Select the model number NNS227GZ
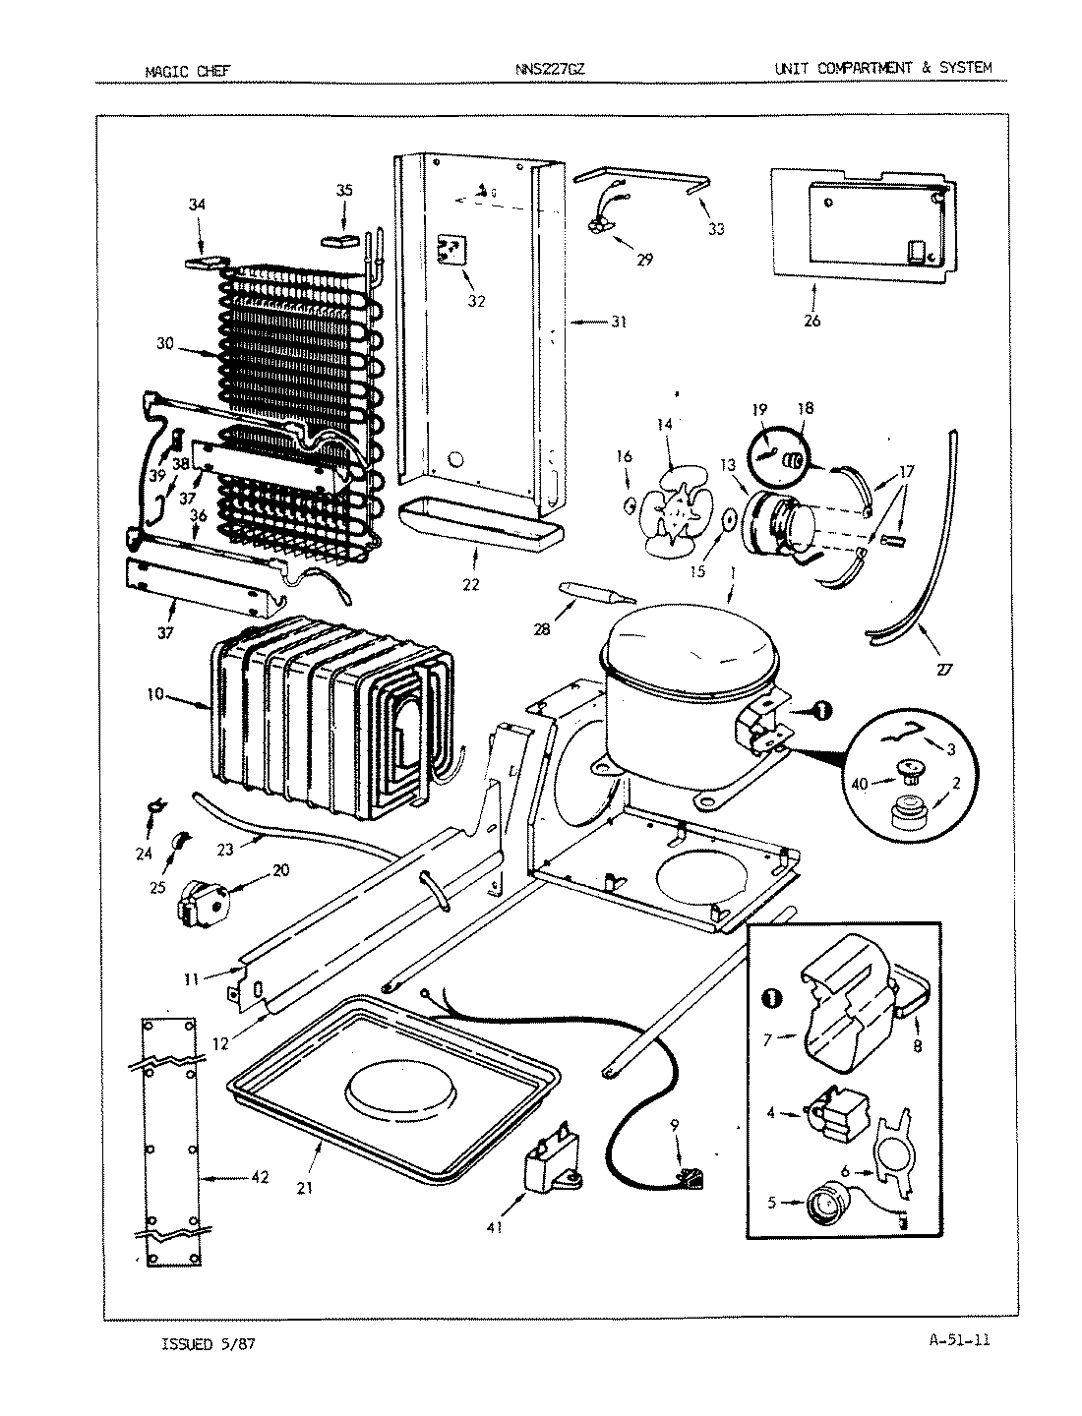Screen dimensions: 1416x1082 548,70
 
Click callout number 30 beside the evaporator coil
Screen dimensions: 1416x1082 165,343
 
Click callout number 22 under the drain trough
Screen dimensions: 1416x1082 471,584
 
